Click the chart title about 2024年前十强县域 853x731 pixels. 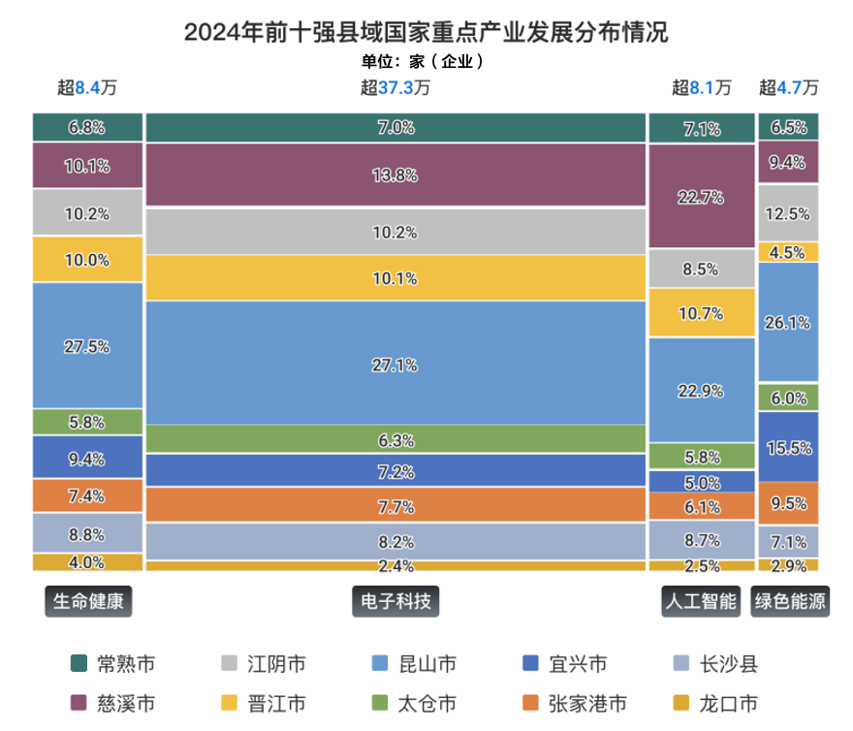(426, 32)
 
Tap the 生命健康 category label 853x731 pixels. (87, 602)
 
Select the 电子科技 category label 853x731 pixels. (395, 602)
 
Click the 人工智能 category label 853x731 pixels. (700, 602)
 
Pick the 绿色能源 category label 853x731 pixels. (790, 602)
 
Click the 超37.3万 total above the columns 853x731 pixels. (395, 87)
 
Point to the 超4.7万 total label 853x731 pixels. (789, 87)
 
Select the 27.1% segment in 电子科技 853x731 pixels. (395, 365)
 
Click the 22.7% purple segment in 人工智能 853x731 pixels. (700, 197)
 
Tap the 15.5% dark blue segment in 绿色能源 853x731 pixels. (789, 447)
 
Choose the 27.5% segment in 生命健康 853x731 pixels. (87, 346)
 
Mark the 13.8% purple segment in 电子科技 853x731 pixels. (395, 175)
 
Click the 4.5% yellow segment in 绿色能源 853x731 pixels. (789, 252)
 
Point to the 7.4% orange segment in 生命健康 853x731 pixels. (87, 495)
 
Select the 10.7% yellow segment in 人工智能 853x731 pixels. (700, 313)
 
